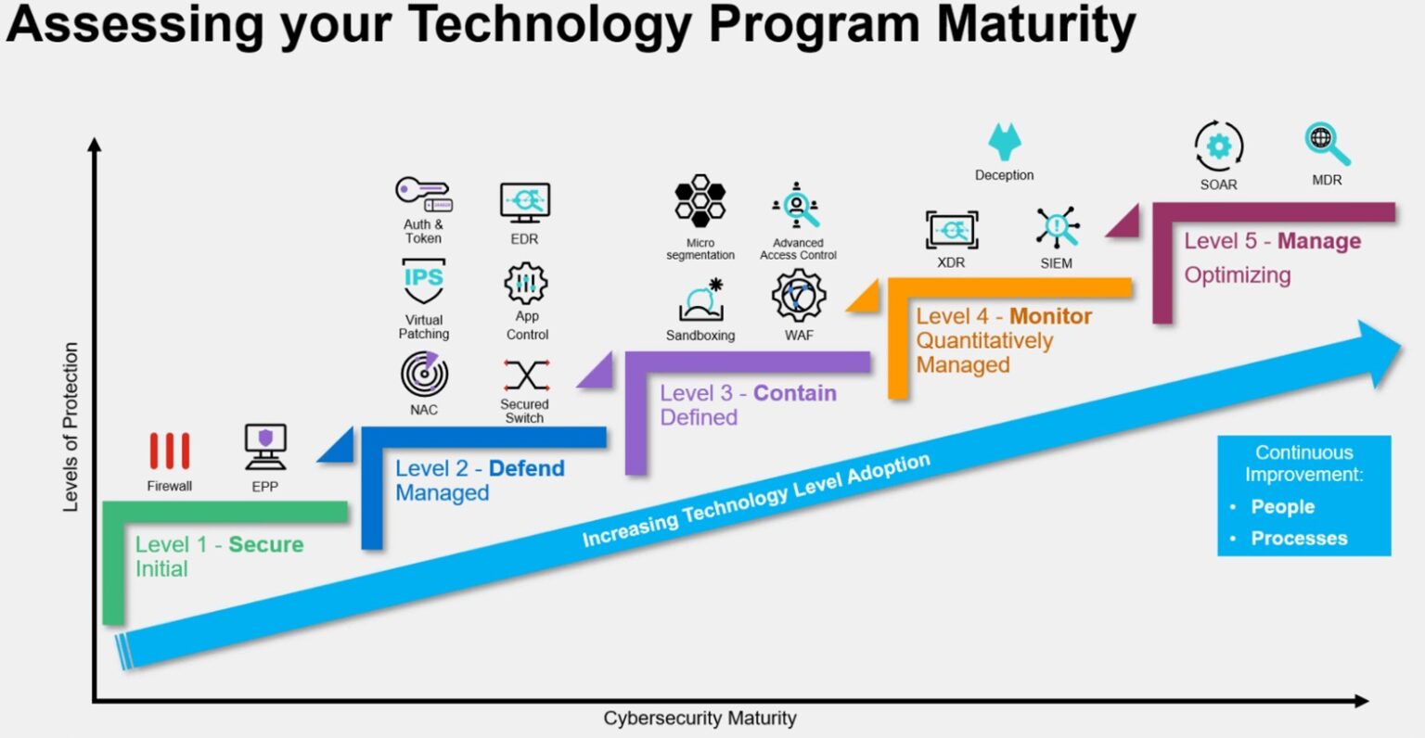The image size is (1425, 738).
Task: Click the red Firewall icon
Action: [x=170, y=452]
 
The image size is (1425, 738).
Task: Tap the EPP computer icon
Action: [x=265, y=447]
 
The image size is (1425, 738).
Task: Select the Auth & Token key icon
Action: [x=423, y=194]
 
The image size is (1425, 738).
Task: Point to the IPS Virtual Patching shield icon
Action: [x=424, y=282]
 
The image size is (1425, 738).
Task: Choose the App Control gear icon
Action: [x=526, y=284]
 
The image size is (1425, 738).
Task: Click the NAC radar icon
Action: [x=425, y=375]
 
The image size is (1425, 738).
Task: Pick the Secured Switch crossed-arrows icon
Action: [x=526, y=375]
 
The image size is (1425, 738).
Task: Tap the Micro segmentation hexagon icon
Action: [x=700, y=201]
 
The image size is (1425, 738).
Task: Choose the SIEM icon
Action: [x=1057, y=228]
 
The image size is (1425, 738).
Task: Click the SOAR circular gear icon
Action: [x=1218, y=146]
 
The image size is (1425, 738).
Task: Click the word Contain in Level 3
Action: [x=794, y=393]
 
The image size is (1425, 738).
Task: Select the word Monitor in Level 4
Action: [x=1050, y=316]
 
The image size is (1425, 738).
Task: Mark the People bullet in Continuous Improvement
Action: [x=1282, y=507]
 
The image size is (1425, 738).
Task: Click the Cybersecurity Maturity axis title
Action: [x=700, y=719]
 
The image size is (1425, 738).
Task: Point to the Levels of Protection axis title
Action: [x=71, y=426]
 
